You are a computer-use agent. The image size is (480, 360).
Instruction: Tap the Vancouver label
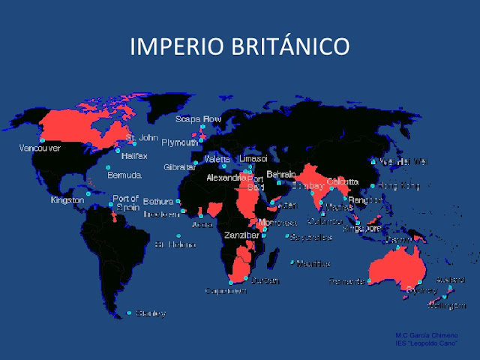click(40, 148)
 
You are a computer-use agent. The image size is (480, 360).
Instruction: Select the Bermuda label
click(124, 175)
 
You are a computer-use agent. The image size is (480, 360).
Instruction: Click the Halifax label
click(133, 155)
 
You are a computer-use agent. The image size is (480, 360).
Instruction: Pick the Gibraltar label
click(179, 167)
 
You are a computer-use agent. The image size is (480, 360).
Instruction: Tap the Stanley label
click(151, 313)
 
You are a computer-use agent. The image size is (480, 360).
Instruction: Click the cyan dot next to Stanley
click(130, 313)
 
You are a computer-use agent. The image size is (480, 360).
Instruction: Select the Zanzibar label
click(242, 235)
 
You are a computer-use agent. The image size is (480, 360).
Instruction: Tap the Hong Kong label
click(398, 185)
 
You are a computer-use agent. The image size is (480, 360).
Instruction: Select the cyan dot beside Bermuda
click(108, 167)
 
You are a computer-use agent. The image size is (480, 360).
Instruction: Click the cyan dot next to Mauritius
click(293, 262)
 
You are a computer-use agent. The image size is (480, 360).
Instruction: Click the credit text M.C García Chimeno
click(421, 335)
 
